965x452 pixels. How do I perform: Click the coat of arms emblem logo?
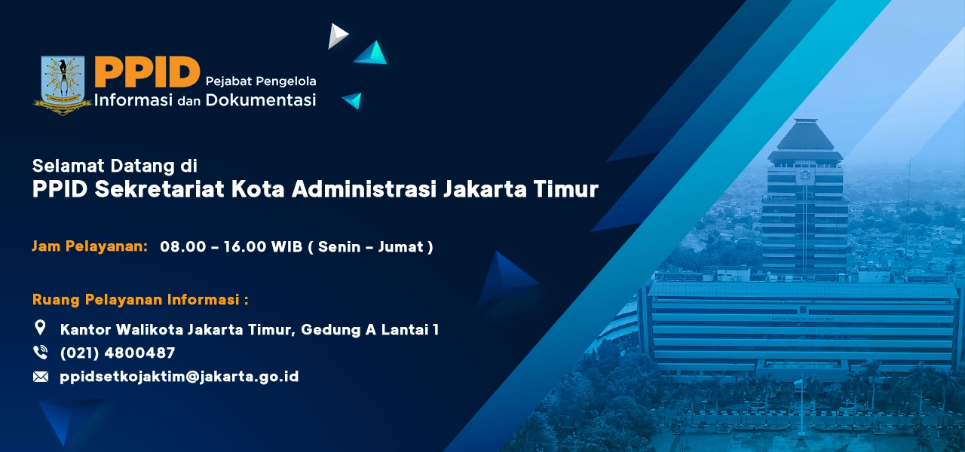pos(63,84)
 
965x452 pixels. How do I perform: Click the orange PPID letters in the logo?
pos(146,72)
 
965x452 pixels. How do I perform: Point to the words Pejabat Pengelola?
pos(260,80)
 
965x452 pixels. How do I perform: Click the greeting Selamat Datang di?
pos(115,165)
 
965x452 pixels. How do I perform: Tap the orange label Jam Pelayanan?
pos(90,246)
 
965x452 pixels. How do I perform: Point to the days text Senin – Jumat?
pos(375,247)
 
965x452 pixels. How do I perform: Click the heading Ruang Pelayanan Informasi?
pos(140,300)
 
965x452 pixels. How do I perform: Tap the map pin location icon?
pos(41,328)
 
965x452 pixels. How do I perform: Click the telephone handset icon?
pos(41,353)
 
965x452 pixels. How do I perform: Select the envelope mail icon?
pos(41,377)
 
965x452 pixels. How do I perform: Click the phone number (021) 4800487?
pos(118,353)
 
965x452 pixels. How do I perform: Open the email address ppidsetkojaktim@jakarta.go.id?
pos(179,377)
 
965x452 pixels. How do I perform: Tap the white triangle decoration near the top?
pos(337,35)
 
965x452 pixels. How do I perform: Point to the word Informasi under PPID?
pos(134,99)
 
